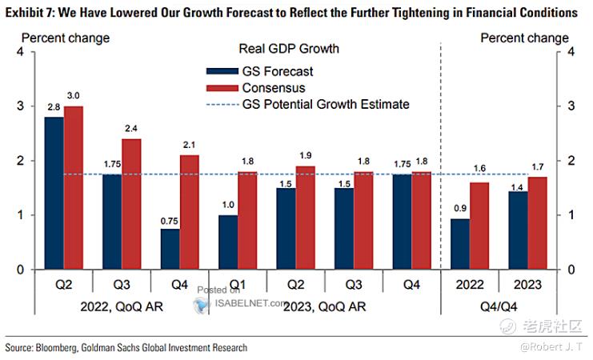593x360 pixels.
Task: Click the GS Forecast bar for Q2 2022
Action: pyautogui.click(x=54, y=193)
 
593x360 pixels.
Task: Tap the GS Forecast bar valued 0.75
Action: pyautogui.click(x=170, y=249)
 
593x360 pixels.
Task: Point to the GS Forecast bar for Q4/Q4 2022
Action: pyautogui.click(x=459, y=244)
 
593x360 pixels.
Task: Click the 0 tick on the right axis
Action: pyautogui.click(x=570, y=269)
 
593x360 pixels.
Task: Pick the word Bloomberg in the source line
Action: pyautogui.click(x=66, y=348)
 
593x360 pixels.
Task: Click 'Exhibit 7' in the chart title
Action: pyautogui.click(x=28, y=13)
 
